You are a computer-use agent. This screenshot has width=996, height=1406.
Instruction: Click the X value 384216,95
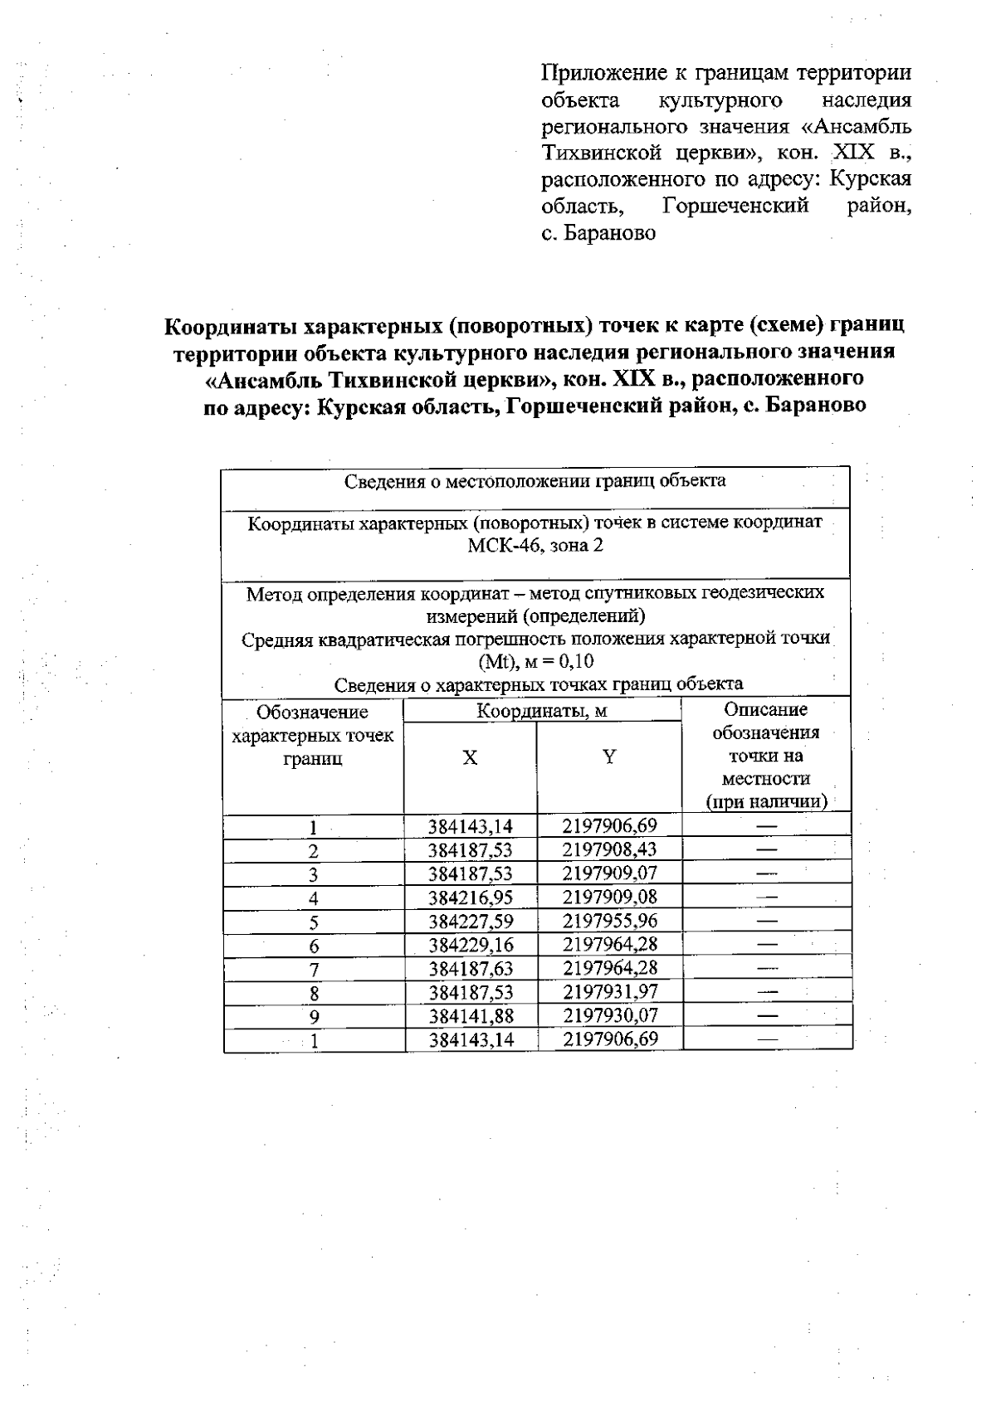click(471, 898)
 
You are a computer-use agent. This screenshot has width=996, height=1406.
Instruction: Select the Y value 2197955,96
click(610, 921)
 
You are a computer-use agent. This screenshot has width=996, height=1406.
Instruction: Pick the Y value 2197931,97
click(610, 992)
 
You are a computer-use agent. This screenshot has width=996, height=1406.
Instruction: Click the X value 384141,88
click(471, 1016)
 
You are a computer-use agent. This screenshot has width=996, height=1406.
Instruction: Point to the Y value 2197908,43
click(610, 849)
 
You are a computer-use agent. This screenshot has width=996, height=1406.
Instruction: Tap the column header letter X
click(471, 758)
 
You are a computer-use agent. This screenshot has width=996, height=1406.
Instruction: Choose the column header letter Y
click(609, 757)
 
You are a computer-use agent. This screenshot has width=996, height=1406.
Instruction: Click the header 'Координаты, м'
click(542, 711)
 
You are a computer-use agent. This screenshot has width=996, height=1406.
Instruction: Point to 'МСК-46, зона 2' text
click(535, 546)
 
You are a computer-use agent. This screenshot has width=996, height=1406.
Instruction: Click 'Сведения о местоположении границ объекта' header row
click(535, 481)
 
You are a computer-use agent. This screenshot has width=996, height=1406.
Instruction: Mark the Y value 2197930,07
click(610, 1016)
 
